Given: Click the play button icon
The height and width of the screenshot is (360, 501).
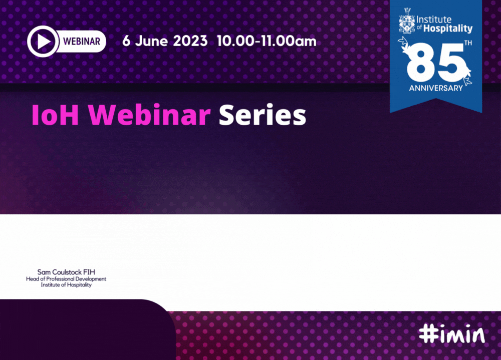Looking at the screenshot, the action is (x=43, y=41).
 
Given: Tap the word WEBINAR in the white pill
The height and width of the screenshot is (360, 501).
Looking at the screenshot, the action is (x=82, y=41).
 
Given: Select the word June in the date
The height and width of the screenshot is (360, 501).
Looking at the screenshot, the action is (x=151, y=41).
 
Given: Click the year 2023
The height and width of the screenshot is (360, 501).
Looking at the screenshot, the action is (x=190, y=41).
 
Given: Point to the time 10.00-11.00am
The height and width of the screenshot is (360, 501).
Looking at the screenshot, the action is (x=267, y=41).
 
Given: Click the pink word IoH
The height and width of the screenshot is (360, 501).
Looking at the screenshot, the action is (x=55, y=115).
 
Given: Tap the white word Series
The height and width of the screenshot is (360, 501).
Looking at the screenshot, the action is (x=263, y=115).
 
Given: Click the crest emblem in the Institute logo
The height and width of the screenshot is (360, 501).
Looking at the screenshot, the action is (x=407, y=21).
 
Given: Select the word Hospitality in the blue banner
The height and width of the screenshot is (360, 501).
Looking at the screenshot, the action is (x=447, y=29).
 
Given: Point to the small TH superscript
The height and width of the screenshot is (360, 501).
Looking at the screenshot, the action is (x=468, y=43).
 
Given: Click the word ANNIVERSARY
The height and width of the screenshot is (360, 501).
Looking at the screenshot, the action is (x=436, y=88).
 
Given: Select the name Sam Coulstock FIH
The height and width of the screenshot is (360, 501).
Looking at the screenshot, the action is (x=66, y=272).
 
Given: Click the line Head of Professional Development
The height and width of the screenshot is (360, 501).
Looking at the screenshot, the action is (x=66, y=279).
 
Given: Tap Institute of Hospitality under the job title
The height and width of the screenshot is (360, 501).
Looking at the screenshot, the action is (x=66, y=285).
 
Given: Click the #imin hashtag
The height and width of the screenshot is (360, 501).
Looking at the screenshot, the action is (x=452, y=334).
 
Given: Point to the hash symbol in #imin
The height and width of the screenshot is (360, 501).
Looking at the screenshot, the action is (x=427, y=333).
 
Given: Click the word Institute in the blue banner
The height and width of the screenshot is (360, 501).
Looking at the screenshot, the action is (x=434, y=20).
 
